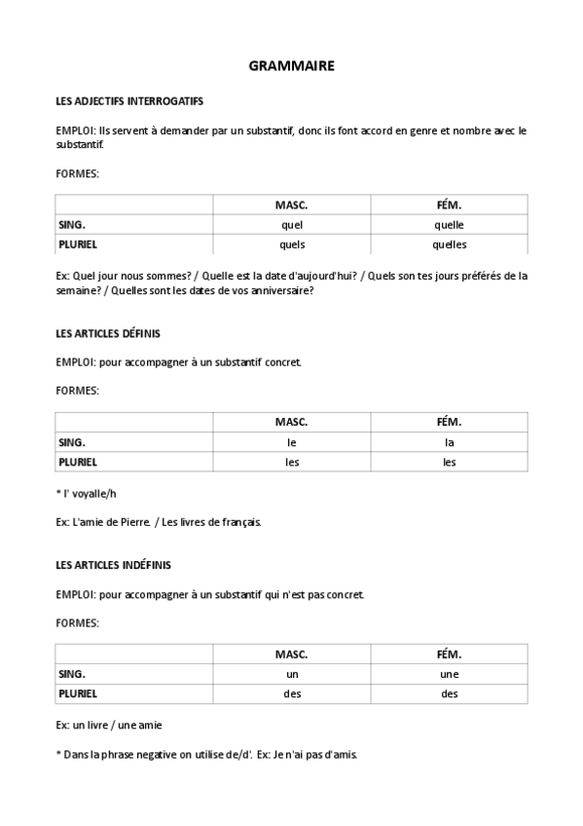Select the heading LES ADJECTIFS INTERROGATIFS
pyautogui.click(x=129, y=100)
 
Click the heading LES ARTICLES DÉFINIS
pyautogui.click(x=108, y=333)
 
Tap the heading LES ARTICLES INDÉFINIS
pyautogui.click(x=114, y=564)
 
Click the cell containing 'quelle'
pyautogui.click(x=449, y=224)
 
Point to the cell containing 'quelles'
pyautogui.click(x=449, y=244)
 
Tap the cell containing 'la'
pyautogui.click(x=449, y=442)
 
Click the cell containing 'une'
pyautogui.click(x=449, y=673)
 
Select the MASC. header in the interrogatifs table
pyautogui.click(x=291, y=205)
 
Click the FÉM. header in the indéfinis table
pyautogui.click(x=449, y=654)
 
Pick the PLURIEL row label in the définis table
pyautogui.click(x=78, y=462)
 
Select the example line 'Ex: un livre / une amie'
pyautogui.click(x=108, y=726)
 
